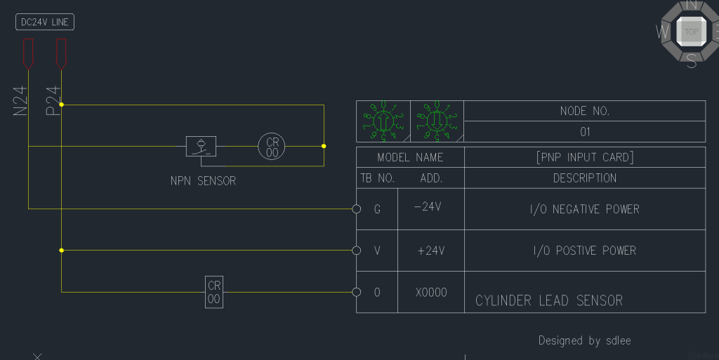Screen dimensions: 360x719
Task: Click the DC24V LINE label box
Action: (44, 22)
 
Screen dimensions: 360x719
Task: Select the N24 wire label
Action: (20, 100)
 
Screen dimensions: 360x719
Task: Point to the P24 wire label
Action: (53, 100)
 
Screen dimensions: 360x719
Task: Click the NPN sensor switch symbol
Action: (201, 146)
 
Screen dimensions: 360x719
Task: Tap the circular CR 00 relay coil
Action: (272, 146)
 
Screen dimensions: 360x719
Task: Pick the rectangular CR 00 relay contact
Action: (214, 291)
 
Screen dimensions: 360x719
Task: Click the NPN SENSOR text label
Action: (203, 181)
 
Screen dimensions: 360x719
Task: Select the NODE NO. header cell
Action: (584, 111)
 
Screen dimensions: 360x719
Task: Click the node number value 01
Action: (584, 131)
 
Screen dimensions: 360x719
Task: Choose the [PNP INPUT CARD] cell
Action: (584, 157)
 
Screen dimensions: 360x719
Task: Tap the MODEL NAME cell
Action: (410, 157)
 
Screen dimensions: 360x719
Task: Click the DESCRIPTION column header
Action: (584, 178)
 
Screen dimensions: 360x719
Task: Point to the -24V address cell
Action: (430, 208)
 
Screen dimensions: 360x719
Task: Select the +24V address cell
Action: (430, 251)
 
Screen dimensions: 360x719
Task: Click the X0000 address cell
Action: (430, 293)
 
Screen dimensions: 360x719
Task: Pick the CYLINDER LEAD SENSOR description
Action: (549, 301)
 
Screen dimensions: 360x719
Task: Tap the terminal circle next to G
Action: (356, 208)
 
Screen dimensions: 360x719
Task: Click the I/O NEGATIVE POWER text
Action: (584, 209)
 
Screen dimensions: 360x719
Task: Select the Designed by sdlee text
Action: (584, 340)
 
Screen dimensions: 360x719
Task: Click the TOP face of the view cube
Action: (692, 32)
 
